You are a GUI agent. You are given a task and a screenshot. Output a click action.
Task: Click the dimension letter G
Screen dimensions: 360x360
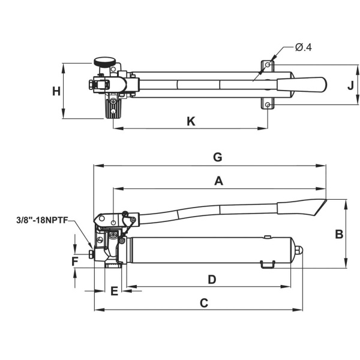(x=218, y=157)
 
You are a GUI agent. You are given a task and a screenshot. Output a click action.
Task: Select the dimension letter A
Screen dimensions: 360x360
(x=219, y=181)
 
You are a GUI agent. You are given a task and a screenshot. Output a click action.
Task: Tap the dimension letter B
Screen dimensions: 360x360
(x=339, y=234)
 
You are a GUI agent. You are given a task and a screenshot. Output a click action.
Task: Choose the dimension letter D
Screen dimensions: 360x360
(x=211, y=279)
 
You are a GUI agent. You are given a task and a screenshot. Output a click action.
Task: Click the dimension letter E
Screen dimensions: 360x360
(x=115, y=291)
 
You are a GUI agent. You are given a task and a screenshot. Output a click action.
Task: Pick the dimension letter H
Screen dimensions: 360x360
(x=56, y=92)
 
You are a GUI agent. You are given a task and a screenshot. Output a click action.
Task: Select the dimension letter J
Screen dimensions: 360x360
(x=350, y=85)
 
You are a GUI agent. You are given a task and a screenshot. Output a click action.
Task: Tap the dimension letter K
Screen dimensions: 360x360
(x=191, y=121)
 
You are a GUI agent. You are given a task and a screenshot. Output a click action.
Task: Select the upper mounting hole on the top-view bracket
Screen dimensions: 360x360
(x=268, y=65)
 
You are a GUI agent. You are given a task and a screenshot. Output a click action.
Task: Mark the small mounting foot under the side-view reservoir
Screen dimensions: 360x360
(x=268, y=263)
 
